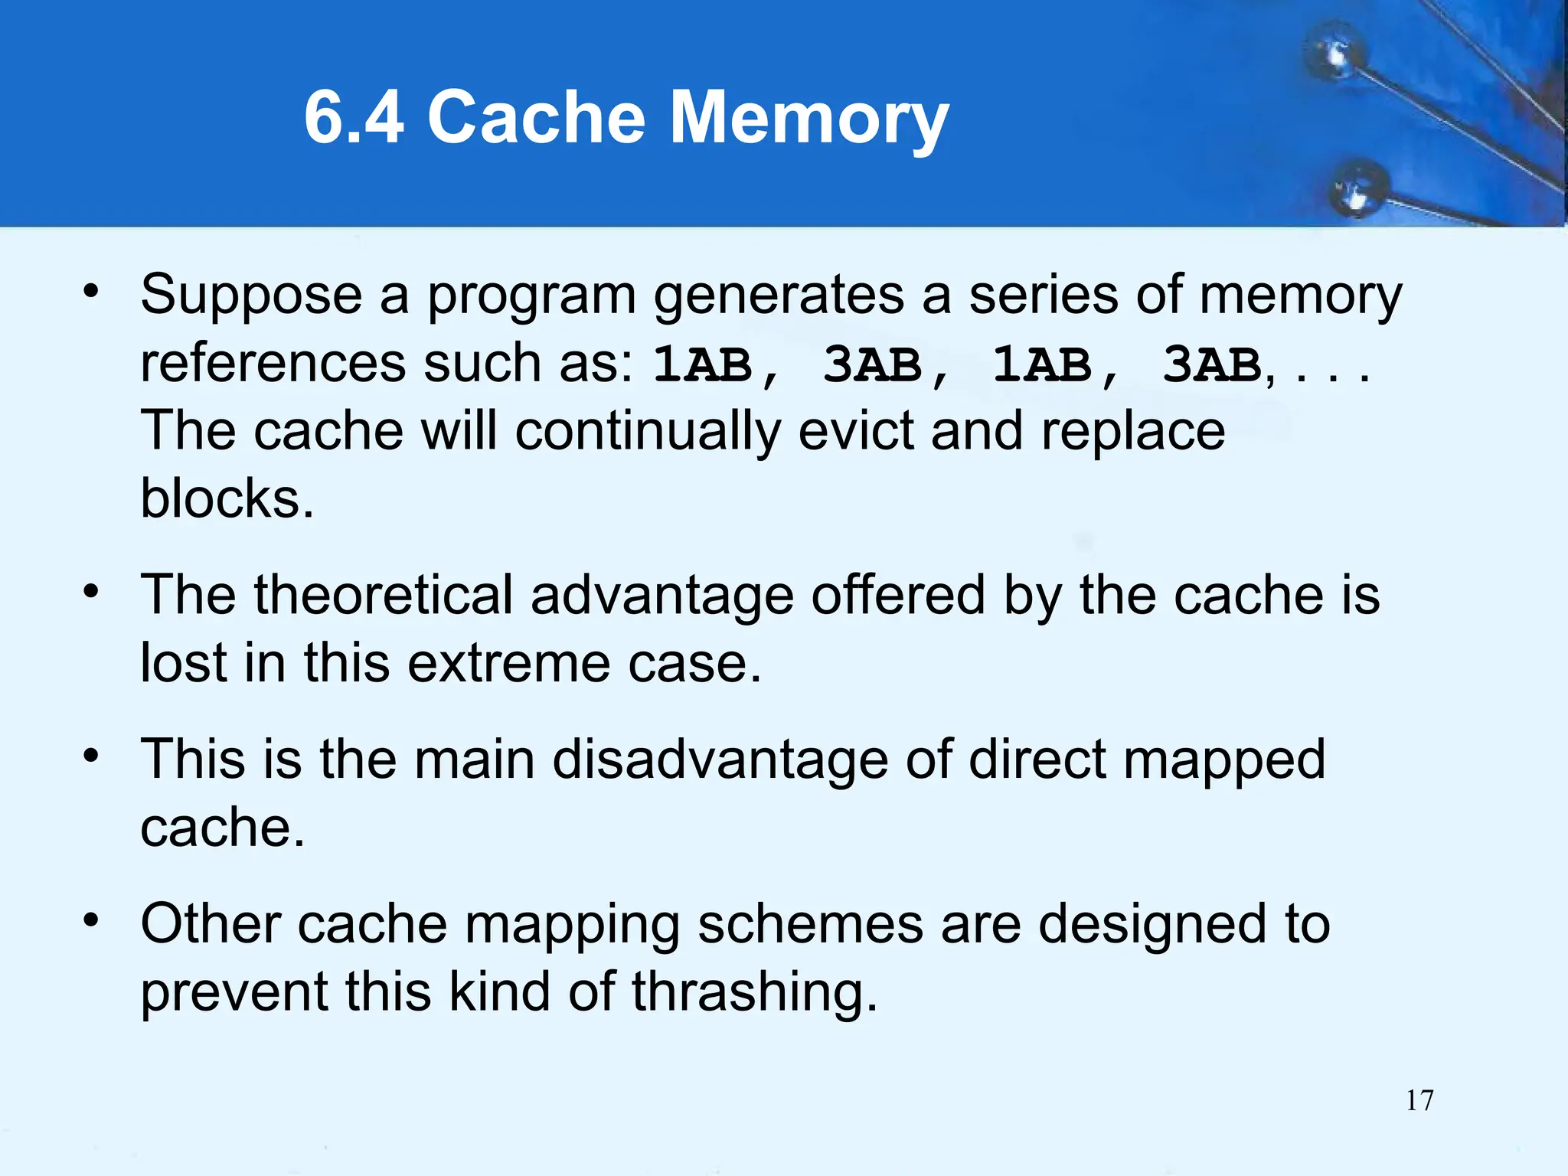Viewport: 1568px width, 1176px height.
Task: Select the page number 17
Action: (x=1419, y=1100)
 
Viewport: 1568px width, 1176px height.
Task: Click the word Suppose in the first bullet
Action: (x=251, y=296)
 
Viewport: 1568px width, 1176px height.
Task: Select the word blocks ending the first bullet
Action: (x=227, y=499)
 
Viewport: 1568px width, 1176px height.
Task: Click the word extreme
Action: (x=508, y=663)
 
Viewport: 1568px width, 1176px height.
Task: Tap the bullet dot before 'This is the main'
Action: (x=91, y=756)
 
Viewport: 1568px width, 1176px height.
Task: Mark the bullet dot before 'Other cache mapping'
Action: (x=91, y=920)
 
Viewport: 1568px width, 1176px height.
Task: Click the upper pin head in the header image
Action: (x=1338, y=56)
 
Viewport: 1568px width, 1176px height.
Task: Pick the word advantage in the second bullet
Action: (x=662, y=596)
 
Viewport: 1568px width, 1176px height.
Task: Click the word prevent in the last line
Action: (x=234, y=993)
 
